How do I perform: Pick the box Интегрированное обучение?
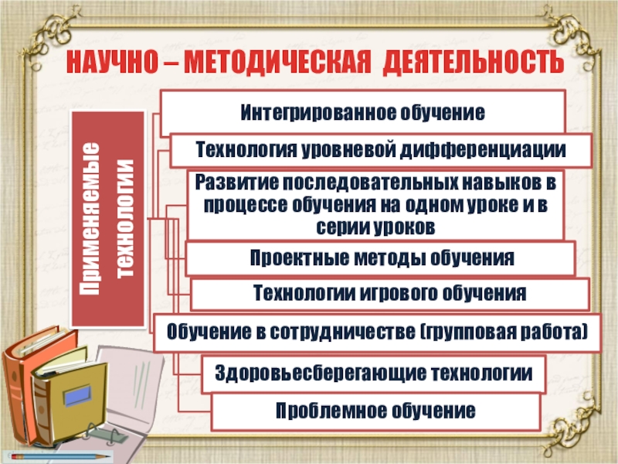coord(363,113)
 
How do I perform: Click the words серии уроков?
coord(376,227)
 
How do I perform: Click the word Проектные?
coord(290,258)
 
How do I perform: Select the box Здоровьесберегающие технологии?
coord(374,373)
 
